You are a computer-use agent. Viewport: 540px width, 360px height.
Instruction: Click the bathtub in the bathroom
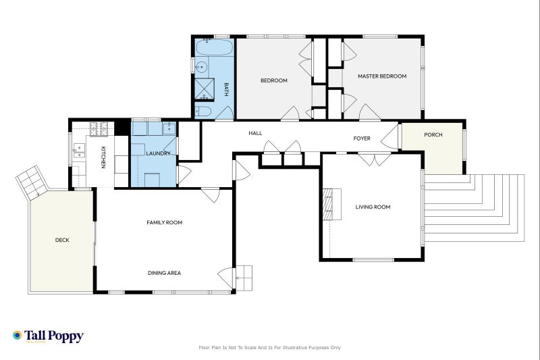coord(215,47)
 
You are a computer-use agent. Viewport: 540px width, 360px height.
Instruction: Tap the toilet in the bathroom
coord(205,111)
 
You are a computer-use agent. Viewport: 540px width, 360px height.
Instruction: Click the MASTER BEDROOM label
coord(382,76)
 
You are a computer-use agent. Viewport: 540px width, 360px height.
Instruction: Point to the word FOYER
coord(362,138)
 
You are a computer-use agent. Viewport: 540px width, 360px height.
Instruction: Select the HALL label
coord(255,133)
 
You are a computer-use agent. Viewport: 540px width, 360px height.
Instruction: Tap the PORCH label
coord(433,135)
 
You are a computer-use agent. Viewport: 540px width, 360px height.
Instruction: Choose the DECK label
coord(62,240)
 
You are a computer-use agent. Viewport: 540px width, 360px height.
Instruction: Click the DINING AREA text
coord(164,273)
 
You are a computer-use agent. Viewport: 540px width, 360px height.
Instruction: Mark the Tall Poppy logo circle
coord(18,335)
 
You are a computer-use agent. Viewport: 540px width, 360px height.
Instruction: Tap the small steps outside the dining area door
coord(243,277)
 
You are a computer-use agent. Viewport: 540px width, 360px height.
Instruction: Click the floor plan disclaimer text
coord(269,347)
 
